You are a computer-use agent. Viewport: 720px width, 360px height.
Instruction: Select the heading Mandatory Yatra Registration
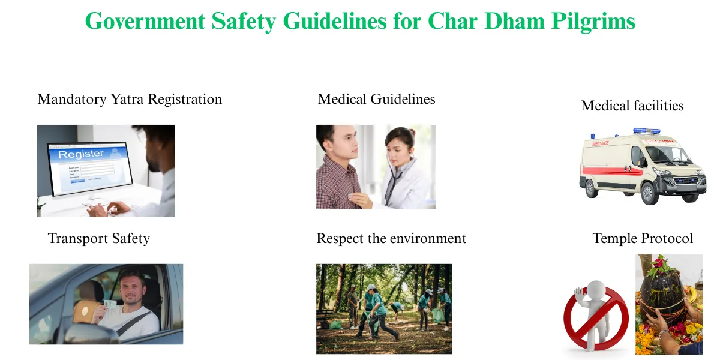130,99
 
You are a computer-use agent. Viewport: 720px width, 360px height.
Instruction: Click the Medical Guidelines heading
376,99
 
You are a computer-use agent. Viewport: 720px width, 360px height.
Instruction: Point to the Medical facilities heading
632,106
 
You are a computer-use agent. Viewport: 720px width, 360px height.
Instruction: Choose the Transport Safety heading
98,239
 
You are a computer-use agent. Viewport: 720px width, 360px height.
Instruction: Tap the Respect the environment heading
391,239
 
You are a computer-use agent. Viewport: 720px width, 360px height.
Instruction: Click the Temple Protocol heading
643,239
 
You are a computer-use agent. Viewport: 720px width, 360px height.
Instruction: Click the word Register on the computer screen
80,154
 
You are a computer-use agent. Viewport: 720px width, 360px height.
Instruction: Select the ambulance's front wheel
649,193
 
